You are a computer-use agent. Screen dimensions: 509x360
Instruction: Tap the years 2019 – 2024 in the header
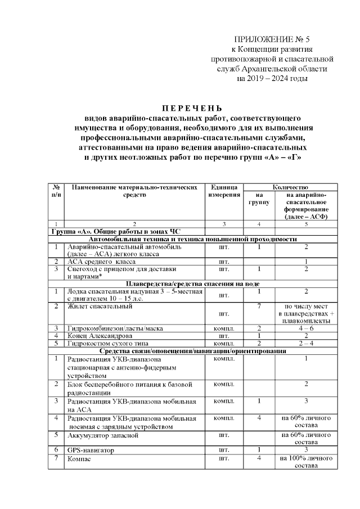click(x=272, y=79)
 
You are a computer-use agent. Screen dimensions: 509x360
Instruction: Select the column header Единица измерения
click(x=224, y=190)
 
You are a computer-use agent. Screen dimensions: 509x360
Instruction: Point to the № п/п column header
click(x=56, y=190)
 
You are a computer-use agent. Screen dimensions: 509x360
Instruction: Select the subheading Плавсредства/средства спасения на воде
click(x=192, y=283)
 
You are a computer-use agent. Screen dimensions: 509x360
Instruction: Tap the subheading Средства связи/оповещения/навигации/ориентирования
click(x=192, y=351)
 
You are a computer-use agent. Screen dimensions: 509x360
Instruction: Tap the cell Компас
click(x=79, y=459)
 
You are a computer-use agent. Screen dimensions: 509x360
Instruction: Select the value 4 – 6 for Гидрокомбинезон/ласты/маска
click(x=305, y=328)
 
